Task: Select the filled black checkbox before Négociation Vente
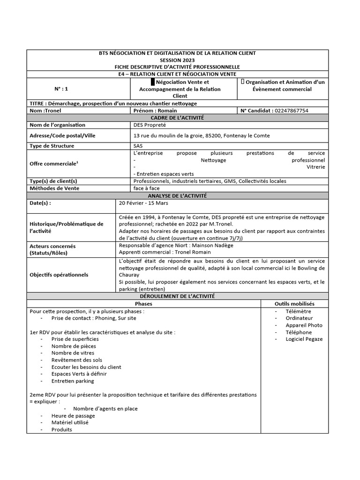click(x=146, y=82)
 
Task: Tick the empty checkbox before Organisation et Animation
click(x=242, y=82)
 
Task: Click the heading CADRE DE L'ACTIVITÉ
click(x=180, y=118)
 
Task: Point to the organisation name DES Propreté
click(x=150, y=125)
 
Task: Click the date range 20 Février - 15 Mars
click(x=143, y=203)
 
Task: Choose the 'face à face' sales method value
click(x=146, y=188)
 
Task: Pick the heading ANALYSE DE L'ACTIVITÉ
click(x=180, y=195)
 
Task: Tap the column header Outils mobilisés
click(x=295, y=304)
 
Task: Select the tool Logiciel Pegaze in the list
click(x=304, y=339)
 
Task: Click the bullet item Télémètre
click(x=298, y=311)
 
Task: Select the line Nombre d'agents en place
click(x=105, y=408)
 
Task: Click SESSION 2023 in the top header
click(x=180, y=60)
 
